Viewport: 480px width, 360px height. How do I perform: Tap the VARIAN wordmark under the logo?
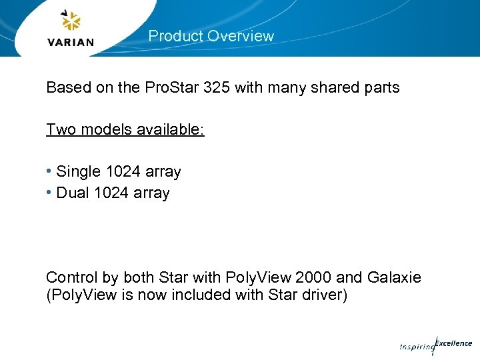coord(71,43)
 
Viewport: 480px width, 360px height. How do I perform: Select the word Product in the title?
coord(175,36)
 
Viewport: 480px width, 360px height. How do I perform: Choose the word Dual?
coord(73,193)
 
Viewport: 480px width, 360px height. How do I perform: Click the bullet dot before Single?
coord(49,171)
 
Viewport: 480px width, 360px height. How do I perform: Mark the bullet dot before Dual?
coord(49,193)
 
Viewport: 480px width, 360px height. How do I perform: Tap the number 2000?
coord(313,277)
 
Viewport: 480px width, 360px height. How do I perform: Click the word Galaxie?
coord(395,277)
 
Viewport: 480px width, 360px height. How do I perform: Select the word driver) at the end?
coord(323,295)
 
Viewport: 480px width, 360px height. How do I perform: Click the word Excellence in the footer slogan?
coord(454,343)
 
